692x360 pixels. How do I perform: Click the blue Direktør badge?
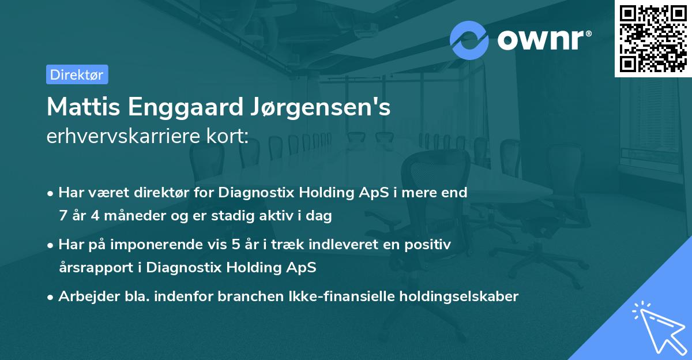click(77, 74)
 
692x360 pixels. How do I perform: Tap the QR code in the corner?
click(653, 38)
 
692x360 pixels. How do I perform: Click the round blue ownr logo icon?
click(469, 40)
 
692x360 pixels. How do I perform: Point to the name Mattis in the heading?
click(80, 107)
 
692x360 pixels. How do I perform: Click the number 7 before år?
click(62, 216)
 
